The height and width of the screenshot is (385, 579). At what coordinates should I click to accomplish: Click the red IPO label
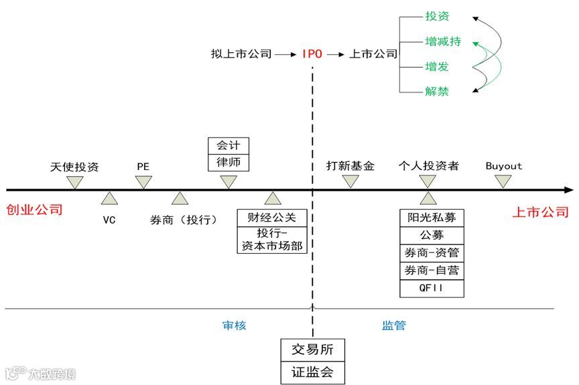312,54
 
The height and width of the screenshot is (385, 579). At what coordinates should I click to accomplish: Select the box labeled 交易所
312,350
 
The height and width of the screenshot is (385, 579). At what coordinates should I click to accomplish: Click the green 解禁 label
437,91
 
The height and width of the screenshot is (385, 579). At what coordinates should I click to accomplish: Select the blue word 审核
235,325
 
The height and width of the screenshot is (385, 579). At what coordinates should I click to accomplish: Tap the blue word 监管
394,325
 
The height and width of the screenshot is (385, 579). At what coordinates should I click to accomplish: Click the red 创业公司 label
34,210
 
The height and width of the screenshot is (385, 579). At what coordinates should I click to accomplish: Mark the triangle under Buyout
503,181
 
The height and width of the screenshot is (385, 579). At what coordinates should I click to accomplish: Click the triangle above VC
109,198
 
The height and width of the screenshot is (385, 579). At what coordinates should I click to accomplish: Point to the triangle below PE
143,181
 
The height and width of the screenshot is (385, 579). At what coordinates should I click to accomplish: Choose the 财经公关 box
271,218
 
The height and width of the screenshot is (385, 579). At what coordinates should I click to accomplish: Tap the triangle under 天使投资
75,181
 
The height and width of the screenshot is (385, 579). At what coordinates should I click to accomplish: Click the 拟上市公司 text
241,54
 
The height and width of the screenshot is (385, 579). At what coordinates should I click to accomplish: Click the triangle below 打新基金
350,181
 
